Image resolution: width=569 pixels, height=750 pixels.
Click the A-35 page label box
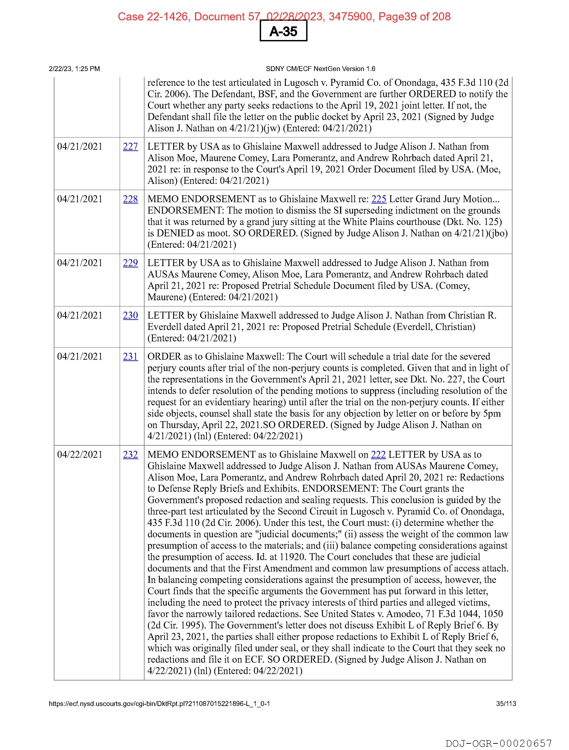coord(283,31)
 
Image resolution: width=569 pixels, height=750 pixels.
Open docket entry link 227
coord(130,147)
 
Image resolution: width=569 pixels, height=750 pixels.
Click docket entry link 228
coord(130,199)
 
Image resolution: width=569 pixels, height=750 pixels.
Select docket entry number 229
coord(130,263)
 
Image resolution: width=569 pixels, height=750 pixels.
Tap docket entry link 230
coord(130,316)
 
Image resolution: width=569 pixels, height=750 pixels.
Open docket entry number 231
coord(130,357)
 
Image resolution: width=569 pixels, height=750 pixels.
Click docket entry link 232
coord(130,455)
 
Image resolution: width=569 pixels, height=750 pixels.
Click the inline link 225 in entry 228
coord(379,199)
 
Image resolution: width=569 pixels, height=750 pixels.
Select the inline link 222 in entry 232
coord(378,455)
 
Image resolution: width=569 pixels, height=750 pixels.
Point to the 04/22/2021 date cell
coord(80,455)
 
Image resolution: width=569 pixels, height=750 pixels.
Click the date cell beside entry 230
coord(80,316)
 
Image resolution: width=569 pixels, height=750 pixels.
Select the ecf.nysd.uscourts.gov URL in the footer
coord(159,704)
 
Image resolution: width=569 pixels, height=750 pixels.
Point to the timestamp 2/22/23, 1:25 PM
coord(75,69)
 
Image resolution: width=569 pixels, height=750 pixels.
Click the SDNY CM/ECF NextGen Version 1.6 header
coord(320,69)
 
